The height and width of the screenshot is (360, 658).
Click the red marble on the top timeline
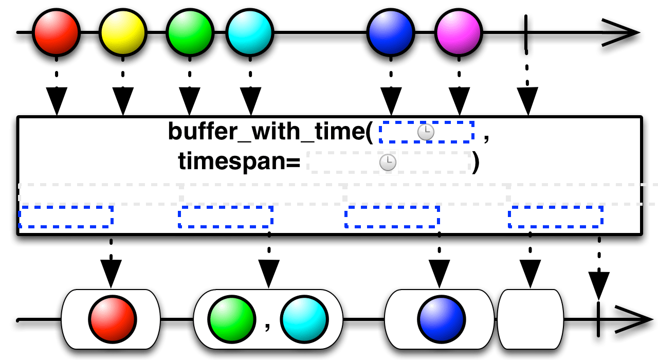(x=56, y=32)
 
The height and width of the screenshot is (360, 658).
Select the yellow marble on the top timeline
(x=123, y=32)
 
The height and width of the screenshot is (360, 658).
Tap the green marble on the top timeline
(x=190, y=32)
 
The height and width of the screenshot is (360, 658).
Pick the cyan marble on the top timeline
(x=250, y=32)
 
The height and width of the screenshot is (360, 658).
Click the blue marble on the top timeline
(x=391, y=32)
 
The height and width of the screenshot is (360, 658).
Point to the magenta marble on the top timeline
(x=459, y=32)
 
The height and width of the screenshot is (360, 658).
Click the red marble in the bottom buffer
(x=113, y=319)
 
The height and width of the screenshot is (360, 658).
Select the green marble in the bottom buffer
(x=232, y=319)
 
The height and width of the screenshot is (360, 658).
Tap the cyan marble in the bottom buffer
(x=304, y=319)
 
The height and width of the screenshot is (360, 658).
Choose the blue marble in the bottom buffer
(x=441, y=319)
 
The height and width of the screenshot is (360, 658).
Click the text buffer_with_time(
(x=270, y=132)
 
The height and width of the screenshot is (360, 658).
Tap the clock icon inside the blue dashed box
(x=426, y=132)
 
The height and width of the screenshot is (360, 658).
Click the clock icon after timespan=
(x=388, y=163)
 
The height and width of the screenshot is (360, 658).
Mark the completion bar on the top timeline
(x=525, y=36)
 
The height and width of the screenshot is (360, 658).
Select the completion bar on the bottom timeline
(x=598, y=323)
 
